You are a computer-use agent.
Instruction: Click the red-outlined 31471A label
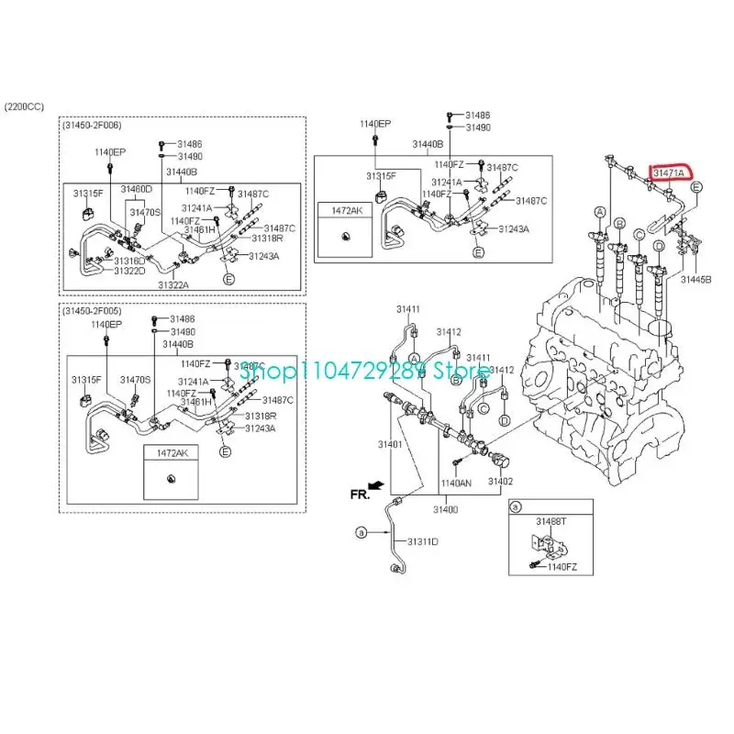[x=671, y=172]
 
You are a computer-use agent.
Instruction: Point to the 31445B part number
[x=695, y=278]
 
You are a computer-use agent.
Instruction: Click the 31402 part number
[x=499, y=482]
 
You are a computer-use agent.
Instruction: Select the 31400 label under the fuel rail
[x=445, y=509]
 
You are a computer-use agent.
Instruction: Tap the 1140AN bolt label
[x=456, y=482]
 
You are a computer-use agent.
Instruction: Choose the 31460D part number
[x=136, y=189]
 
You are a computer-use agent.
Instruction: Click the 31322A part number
[x=172, y=285]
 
